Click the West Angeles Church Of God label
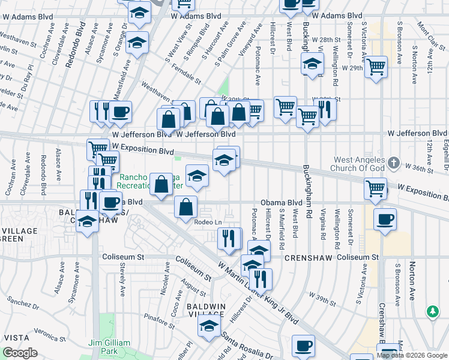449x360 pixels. click(x=358, y=166)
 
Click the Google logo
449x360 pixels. click(x=20, y=353)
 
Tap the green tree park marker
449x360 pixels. click(x=432, y=311)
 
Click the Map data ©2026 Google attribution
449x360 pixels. click(x=412, y=355)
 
